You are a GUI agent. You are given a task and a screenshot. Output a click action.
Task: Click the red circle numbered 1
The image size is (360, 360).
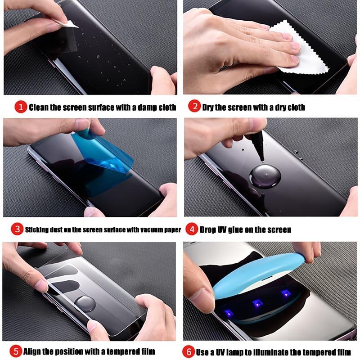click(x=21, y=107)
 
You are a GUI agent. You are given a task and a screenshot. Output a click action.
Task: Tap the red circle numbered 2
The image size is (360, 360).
click(x=194, y=107)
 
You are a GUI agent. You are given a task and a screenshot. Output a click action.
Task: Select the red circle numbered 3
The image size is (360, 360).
click(x=17, y=229)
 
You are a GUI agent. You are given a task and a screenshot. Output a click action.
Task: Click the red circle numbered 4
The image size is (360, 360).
click(x=192, y=229)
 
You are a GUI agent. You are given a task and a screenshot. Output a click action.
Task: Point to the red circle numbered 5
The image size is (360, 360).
click(x=16, y=351)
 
